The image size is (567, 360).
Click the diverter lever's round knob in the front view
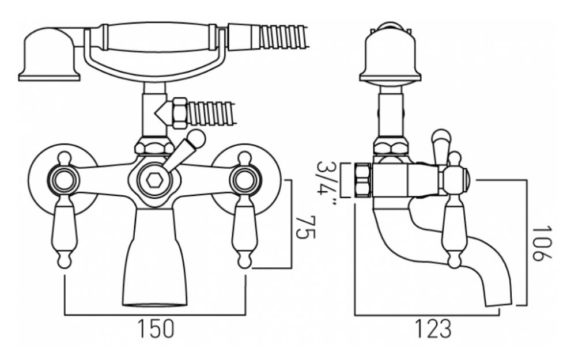(x=196, y=138)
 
